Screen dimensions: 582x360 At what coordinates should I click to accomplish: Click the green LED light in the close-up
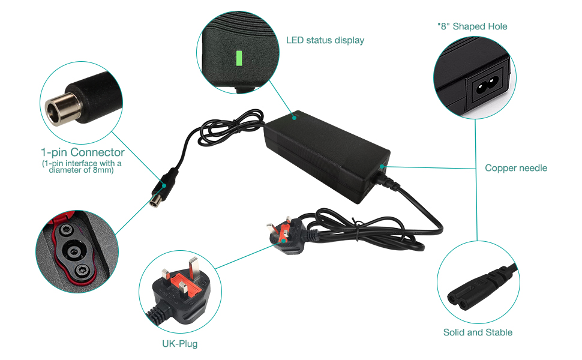[x=239, y=58]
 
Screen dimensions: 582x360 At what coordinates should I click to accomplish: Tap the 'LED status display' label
[x=325, y=40]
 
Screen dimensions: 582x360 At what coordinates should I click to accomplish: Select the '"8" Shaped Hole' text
[x=472, y=26]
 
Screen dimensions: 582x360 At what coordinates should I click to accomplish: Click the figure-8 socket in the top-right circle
[x=487, y=86]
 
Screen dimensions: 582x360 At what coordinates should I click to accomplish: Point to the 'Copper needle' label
[x=516, y=168]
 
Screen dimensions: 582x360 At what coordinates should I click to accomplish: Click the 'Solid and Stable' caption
[x=478, y=332]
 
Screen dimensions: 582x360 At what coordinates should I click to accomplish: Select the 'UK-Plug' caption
[x=179, y=344]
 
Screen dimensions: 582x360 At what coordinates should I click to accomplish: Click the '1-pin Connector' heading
[x=83, y=152]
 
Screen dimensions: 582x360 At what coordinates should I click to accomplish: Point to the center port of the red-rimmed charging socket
[x=73, y=251]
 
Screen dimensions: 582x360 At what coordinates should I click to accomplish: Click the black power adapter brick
[x=326, y=156]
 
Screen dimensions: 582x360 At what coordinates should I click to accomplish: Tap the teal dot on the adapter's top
[x=295, y=118]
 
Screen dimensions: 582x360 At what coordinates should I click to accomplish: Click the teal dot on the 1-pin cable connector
[x=164, y=185]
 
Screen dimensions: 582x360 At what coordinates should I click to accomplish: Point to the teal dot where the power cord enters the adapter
[x=382, y=167]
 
